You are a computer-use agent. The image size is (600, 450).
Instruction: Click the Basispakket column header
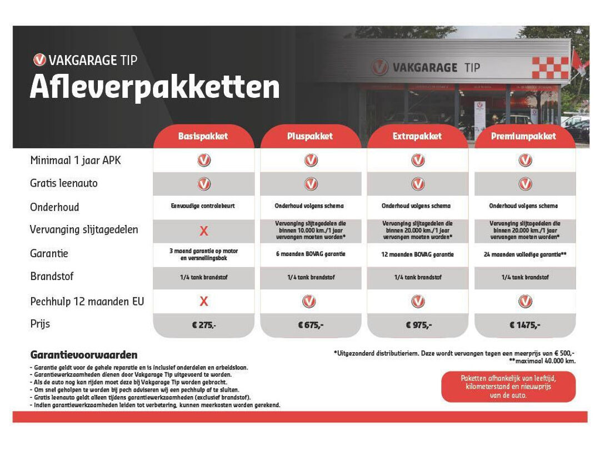pyautogui.click(x=203, y=136)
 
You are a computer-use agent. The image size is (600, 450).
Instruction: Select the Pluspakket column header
pyautogui.click(x=310, y=136)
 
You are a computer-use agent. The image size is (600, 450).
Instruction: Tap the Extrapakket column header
pyautogui.click(x=417, y=136)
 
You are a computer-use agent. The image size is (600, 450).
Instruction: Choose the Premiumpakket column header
pyautogui.click(x=524, y=136)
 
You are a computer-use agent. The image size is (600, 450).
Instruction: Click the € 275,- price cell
pyautogui.click(x=203, y=325)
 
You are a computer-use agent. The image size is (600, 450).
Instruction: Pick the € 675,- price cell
pyautogui.click(x=310, y=325)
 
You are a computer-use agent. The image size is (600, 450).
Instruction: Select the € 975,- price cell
pyautogui.click(x=417, y=325)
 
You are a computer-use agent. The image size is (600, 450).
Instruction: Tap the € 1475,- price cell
pyautogui.click(x=524, y=325)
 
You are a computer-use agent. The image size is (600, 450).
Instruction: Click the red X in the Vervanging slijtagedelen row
pyautogui.click(x=204, y=231)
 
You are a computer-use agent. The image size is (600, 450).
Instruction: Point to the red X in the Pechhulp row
pyautogui.click(x=204, y=301)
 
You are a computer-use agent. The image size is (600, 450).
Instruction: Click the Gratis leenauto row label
pyautogui.click(x=64, y=183)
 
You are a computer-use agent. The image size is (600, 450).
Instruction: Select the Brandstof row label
pyautogui.click(x=52, y=276)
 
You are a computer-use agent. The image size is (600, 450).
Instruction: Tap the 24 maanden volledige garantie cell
pyautogui.click(x=524, y=254)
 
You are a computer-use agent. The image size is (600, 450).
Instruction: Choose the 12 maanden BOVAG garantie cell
pyautogui.click(x=417, y=254)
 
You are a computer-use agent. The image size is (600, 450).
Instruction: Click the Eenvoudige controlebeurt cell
pyautogui.click(x=203, y=206)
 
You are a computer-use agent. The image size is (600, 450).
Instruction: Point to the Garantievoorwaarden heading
pyautogui.click(x=84, y=355)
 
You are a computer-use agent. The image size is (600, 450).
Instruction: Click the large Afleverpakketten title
pyautogui.click(x=154, y=87)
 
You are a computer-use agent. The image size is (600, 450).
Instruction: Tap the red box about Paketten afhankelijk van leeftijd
pyautogui.click(x=508, y=387)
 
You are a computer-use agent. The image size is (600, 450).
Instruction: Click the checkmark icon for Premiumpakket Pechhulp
pyautogui.click(x=525, y=301)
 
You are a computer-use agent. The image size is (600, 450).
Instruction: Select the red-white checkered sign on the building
pyautogui.click(x=550, y=68)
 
